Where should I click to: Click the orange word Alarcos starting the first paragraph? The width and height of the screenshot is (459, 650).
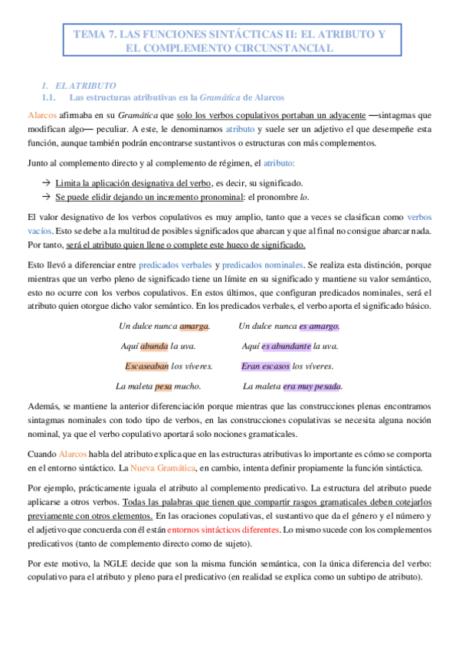point(41,114)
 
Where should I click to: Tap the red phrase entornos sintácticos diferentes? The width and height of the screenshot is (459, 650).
point(223,509)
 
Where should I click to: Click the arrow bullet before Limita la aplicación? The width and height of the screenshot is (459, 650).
point(47,183)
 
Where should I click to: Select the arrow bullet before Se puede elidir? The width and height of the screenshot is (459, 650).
point(47,197)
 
